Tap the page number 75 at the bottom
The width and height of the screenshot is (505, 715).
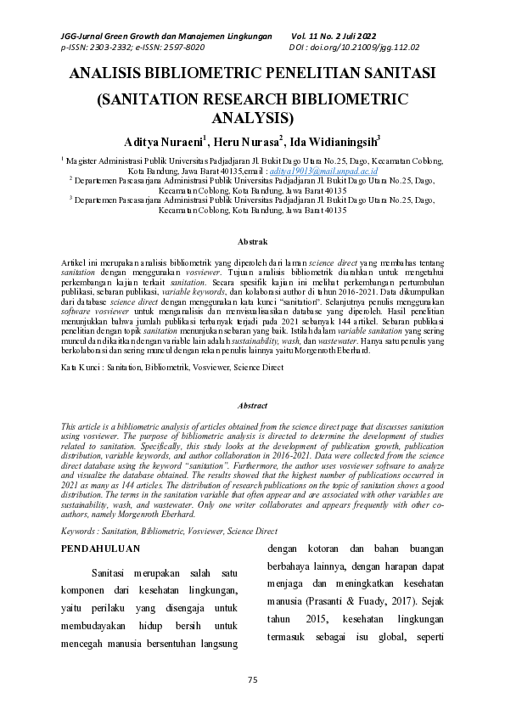click(252, 680)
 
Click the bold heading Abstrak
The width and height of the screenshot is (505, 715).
click(252, 242)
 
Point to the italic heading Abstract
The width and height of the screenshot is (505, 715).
click(252, 406)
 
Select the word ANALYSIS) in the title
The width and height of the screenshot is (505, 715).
click(252, 118)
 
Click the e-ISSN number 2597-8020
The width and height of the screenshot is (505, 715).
click(182, 48)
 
